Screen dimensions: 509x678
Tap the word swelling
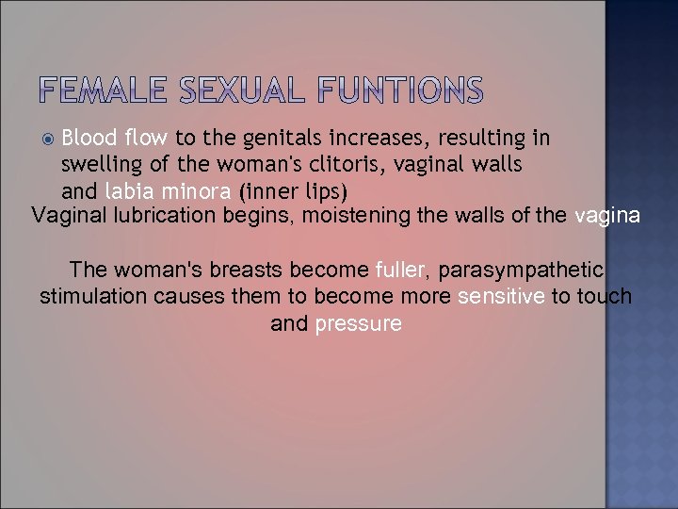[x=103, y=165]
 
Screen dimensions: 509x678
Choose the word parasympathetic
[x=522, y=270]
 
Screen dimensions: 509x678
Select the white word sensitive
[x=501, y=297]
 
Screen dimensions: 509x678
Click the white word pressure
[x=359, y=324]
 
